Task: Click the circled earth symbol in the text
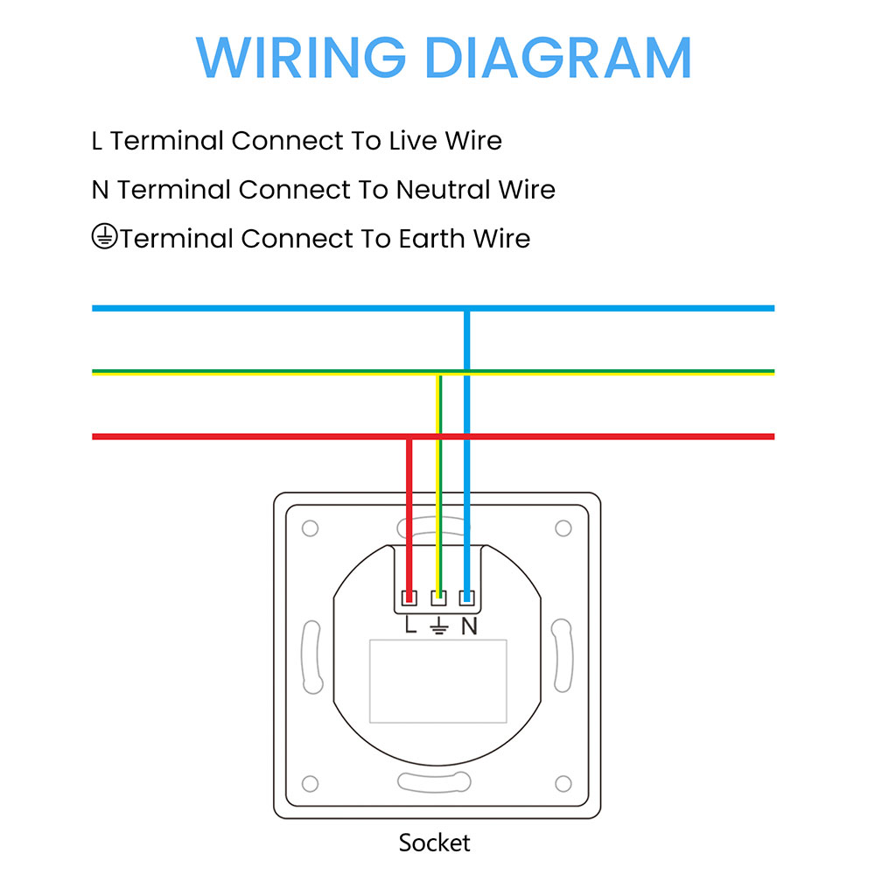tap(104, 237)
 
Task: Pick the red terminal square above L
tap(409, 598)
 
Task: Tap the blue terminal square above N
tap(467, 598)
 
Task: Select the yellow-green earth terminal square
tap(438, 598)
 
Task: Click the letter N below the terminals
tap(469, 626)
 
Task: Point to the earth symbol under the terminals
tap(438, 626)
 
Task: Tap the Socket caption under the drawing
tap(434, 843)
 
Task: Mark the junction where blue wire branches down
tap(467, 308)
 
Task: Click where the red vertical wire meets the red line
tap(409, 436)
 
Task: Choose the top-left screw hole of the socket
tap(310, 528)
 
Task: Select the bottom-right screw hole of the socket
tap(563, 782)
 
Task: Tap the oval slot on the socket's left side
tap(311, 654)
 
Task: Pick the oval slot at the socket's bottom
tap(437, 781)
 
